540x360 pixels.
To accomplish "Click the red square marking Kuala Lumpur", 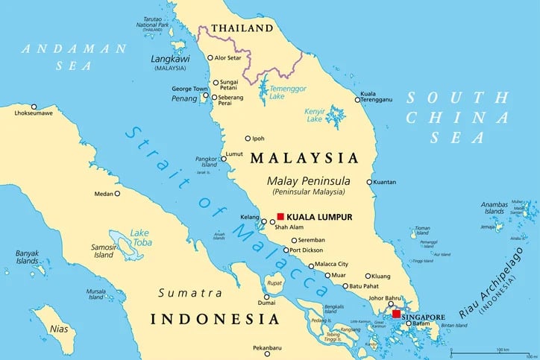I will coord(280,216).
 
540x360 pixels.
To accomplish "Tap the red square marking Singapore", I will coord(395,314).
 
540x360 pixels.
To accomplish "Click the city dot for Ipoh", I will coord(248,139).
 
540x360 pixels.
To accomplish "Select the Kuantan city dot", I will coord(369,182).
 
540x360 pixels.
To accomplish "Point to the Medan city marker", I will coord(117,194).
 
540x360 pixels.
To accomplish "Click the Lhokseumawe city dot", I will coord(34,107).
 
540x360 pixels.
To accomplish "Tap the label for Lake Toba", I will coord(140,237).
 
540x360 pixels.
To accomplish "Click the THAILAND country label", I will coord(242,28).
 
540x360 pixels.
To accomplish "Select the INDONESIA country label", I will coord(215,319).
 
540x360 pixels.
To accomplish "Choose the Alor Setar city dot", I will coord(210,57).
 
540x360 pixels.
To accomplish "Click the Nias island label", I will coord(58,328).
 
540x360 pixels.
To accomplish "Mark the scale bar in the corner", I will coord(492,351).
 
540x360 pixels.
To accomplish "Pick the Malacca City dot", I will coord(311,265).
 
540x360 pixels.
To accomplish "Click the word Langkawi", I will coord(170,58).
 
